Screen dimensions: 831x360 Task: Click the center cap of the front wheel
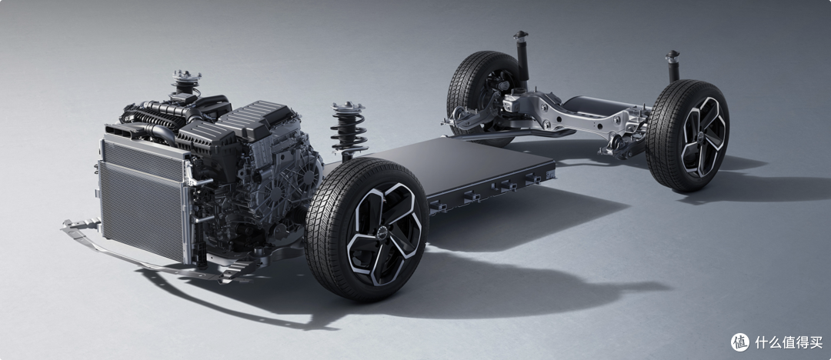[383, 232]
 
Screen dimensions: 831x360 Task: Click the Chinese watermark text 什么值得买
[789, 342]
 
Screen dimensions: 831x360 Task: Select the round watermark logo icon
[740, 342]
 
